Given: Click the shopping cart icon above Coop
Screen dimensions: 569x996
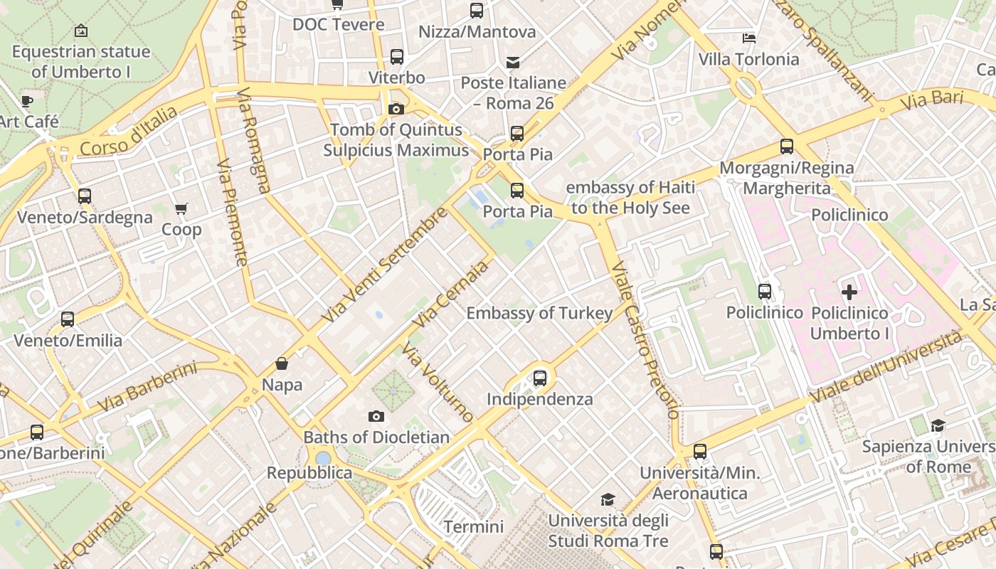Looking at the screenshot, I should (x=181, y=209).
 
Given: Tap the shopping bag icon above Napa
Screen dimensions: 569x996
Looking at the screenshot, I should (x=282, y=364).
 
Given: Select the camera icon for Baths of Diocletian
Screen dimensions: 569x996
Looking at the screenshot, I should (x=376, y=416).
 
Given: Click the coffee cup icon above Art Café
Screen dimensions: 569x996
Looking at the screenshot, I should (x=27, y=101).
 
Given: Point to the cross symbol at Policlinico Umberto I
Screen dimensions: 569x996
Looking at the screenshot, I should (x=849, y=292).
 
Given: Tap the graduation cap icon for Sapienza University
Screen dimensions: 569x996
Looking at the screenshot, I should (x=938, y=425).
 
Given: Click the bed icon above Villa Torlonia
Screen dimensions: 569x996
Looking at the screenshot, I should (x=748, y=38).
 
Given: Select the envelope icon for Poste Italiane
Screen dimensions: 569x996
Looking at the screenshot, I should (x=513, y=62).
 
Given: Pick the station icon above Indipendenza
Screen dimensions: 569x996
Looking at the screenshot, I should (x=540, y=378).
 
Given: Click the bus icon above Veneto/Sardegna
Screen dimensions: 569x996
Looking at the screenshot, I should (x=85, y=196).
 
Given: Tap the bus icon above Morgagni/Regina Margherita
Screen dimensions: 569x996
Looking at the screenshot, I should (x=786, y=147).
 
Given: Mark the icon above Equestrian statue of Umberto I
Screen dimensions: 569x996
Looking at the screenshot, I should (x=81, y=31).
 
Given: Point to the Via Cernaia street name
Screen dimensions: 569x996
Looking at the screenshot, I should (x=451, y=294).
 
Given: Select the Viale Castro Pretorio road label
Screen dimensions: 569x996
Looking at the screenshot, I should (x=645, y=340).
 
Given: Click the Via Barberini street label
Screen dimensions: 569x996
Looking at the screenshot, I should (x=147, y=387).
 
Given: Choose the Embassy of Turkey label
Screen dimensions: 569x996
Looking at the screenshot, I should (x=539, y=314).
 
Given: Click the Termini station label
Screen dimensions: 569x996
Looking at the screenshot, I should (x=473, y=527).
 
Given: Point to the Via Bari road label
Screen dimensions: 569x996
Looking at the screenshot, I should (x=931, y=100).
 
